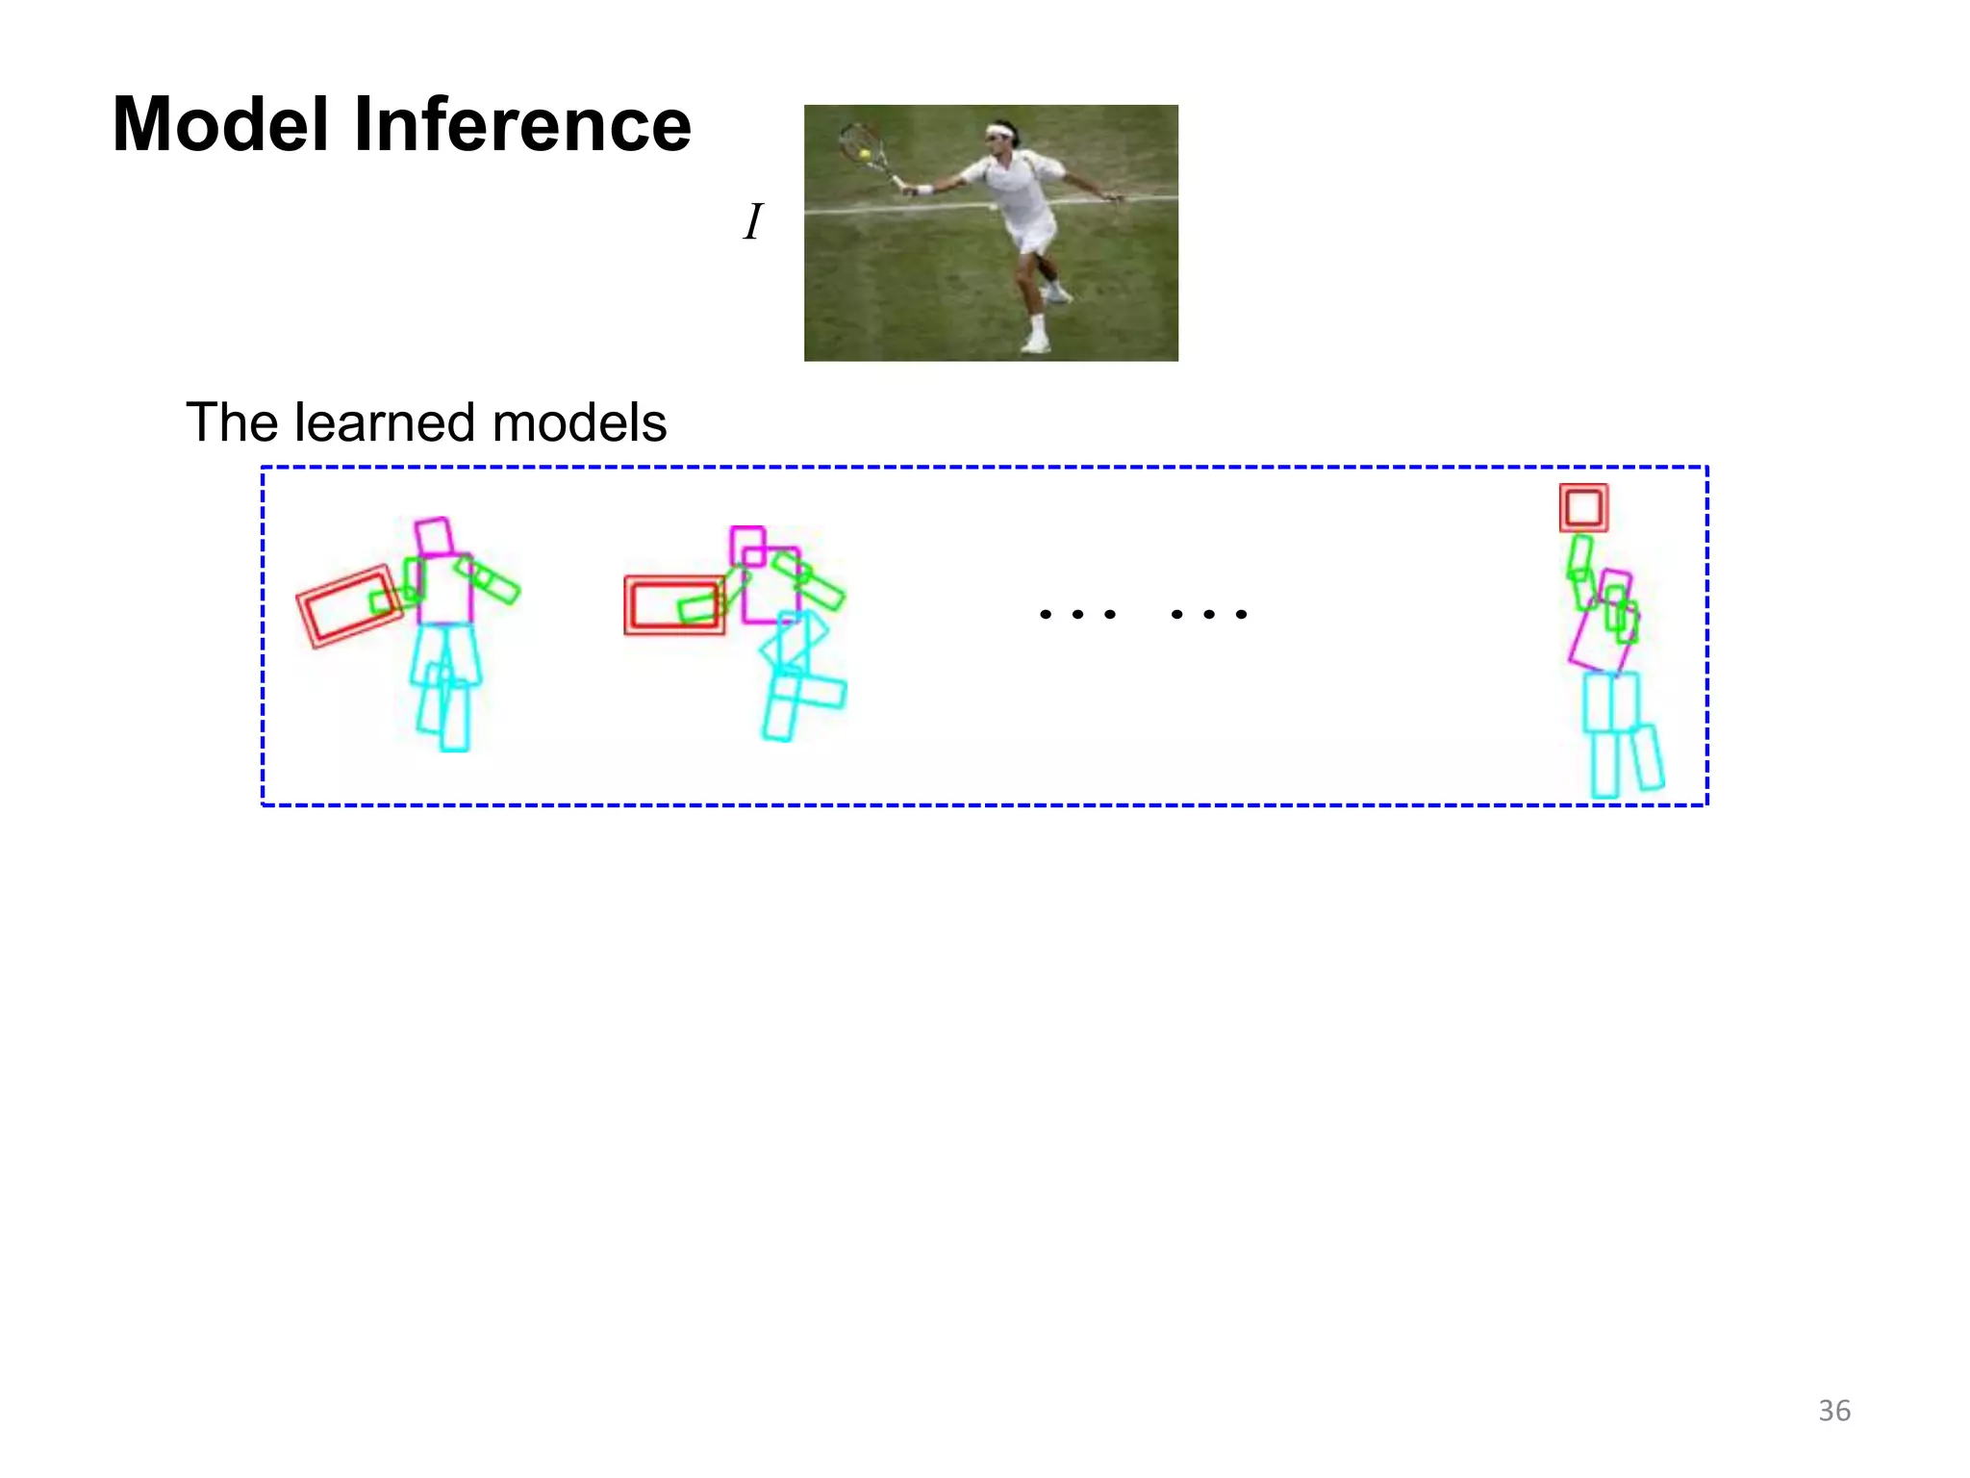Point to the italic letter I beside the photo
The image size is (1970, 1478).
[x=753, y=222]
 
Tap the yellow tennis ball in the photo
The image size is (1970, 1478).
[x=865, y=154]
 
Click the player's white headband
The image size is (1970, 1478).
[x=1002, y=131]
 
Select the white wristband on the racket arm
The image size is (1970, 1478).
[x=923, y=190]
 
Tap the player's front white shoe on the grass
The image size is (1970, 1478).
[x=1035, y=344]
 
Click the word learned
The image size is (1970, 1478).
[x=385, y=422]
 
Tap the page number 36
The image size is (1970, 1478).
[x=1834, y=1411]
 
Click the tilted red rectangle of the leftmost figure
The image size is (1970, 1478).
[x=348, y=606]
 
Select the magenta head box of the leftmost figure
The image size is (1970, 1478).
[x=434, y=537]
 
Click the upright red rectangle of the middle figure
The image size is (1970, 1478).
[x=673, y=605]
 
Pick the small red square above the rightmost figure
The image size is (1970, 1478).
[x=1583, y=508]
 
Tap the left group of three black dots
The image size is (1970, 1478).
[x=1077, y=614]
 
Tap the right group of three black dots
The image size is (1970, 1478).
[x=1209, y=614]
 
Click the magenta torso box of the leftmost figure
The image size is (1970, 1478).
[x=445, y=589]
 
